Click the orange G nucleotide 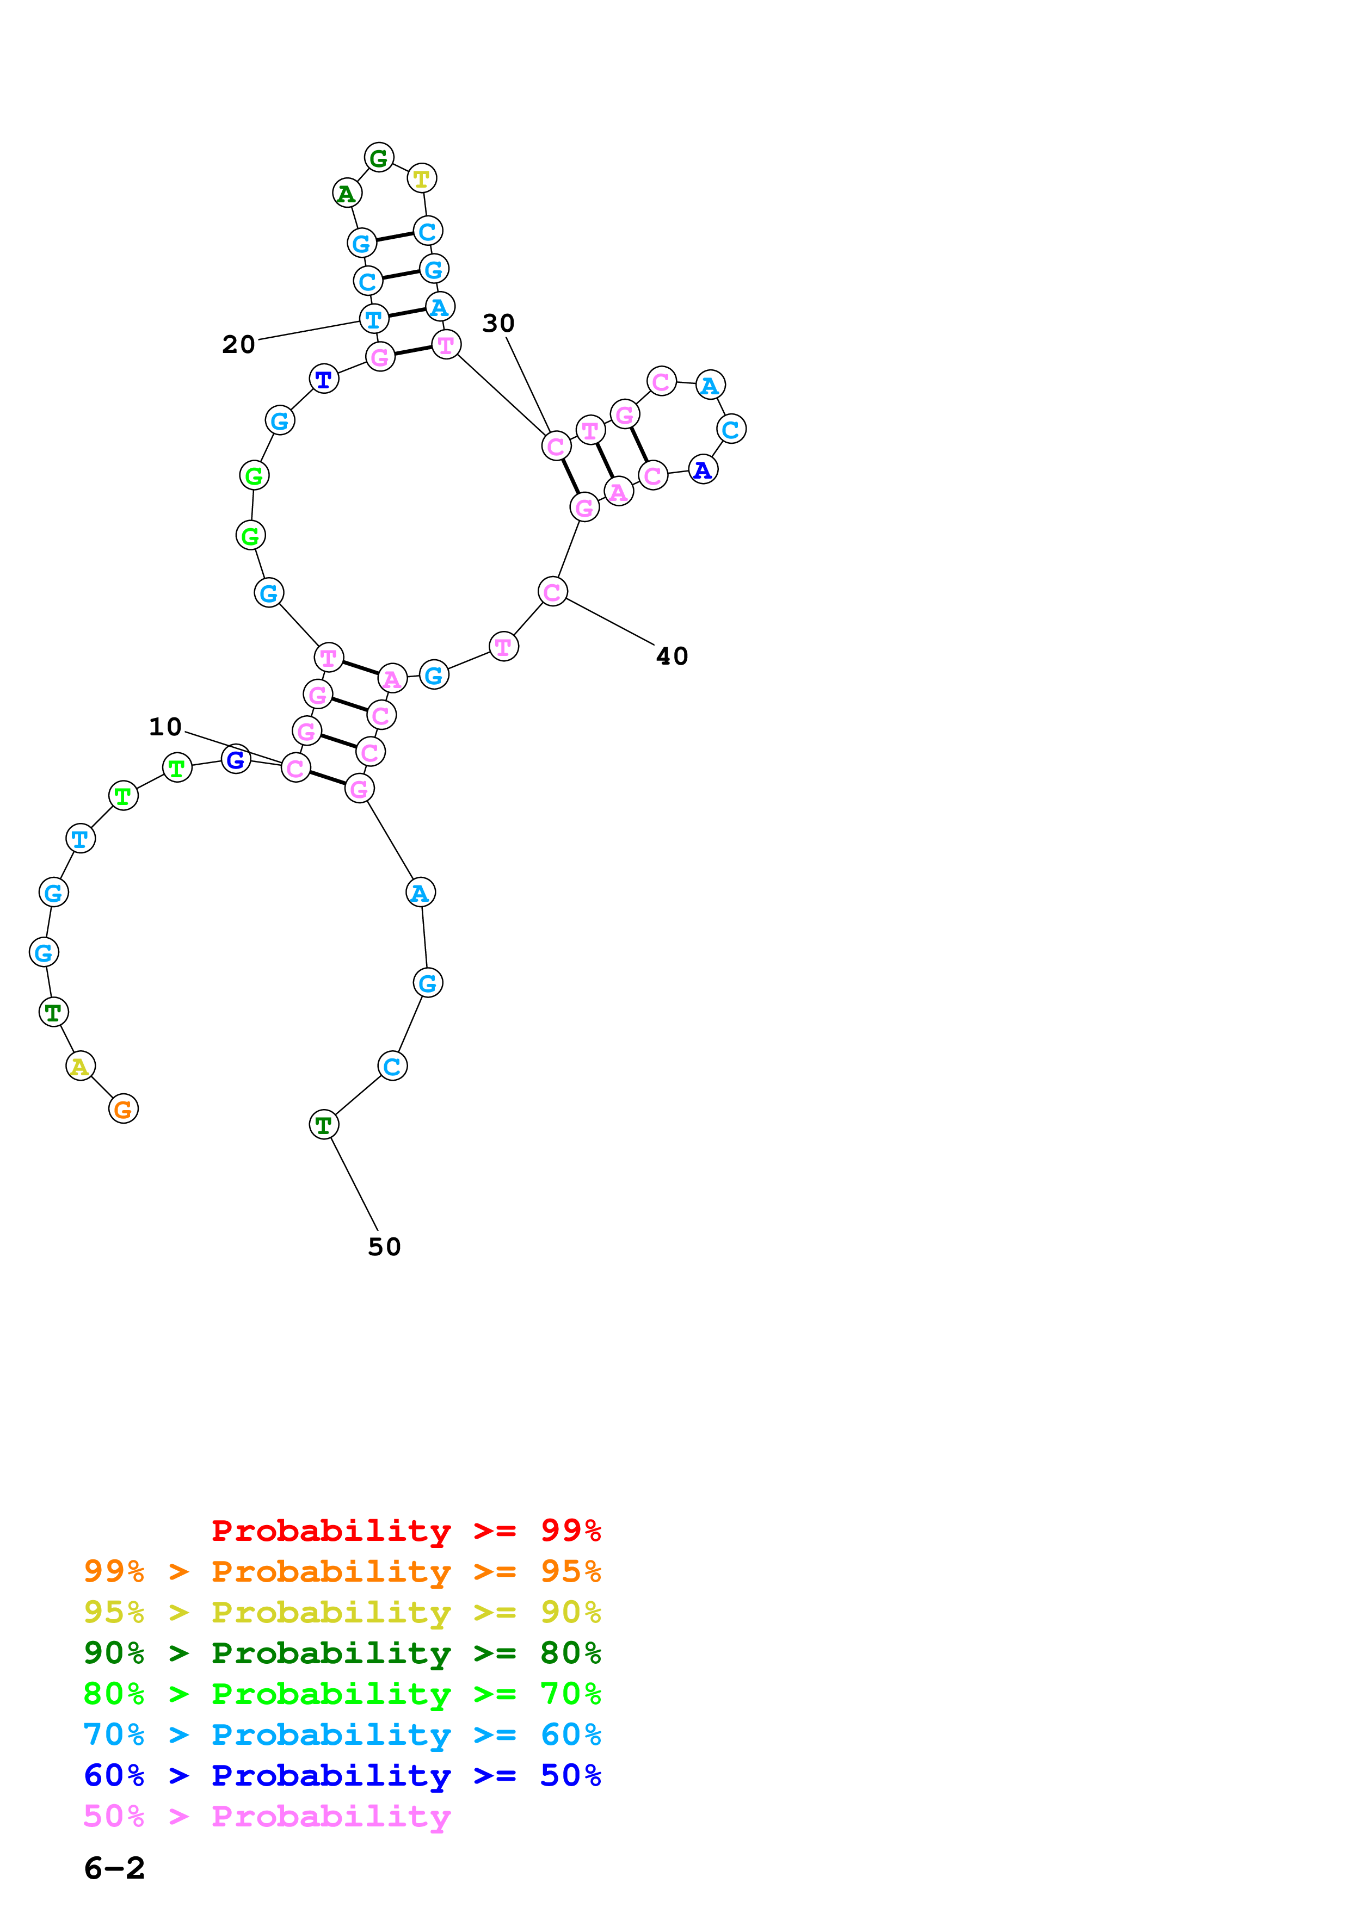pyautogui.click(x=123, y=1108)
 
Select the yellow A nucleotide pyautogui.click(x=80, y=1066)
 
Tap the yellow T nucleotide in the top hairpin pyautogui.click(x=422, y=178)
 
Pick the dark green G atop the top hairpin pyautogui.click(x=379, y=157)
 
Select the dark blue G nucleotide pyautogui.click(x=236, y=759)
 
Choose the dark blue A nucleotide pyautogui.click(x=703, y=470)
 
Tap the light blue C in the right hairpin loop pyautogui.click(x=731, y=430)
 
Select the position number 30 pyautogui.click(x=498, y=323)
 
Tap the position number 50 pyautogui.click(x=385, y=1247)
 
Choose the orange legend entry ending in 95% pyautogui.click(x=342, y=1571)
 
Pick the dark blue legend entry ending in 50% pyautogui.click(x=342, y=1776)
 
